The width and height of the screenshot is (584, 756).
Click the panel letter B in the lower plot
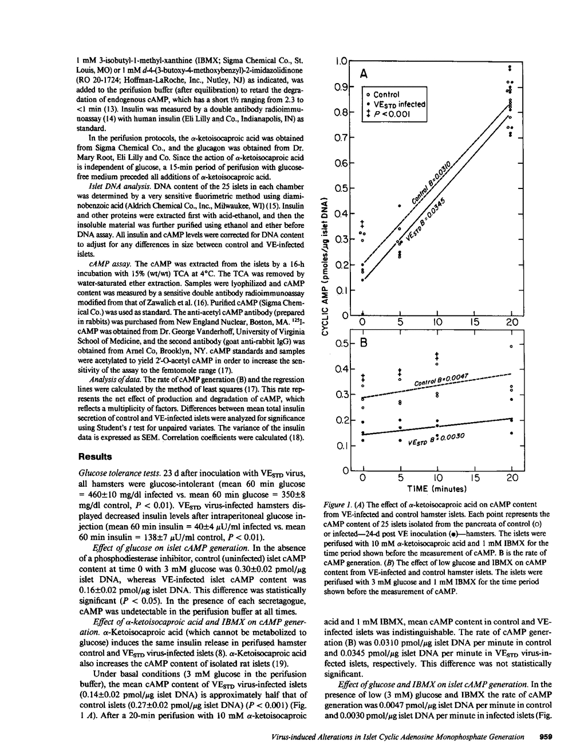coord(364,344)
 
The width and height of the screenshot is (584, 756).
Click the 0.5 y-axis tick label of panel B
coord(341,344)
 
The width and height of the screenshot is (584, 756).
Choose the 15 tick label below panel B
coord(474,478)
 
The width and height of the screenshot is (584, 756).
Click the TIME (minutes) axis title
coord(437,489)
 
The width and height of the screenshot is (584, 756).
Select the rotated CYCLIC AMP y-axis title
coord(324,267)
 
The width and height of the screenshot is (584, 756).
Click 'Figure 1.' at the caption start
coord(337,505)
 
